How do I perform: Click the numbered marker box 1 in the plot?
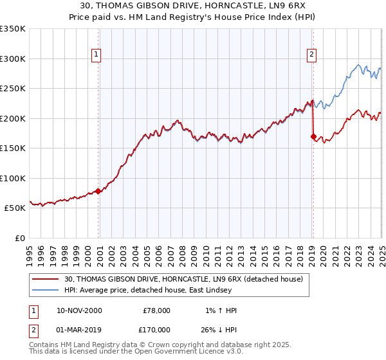(95, 55)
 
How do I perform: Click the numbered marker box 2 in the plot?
(311, 55)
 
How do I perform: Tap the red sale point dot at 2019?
(313, 136)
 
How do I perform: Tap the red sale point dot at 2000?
(98, 191)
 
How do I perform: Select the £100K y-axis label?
(12, 178)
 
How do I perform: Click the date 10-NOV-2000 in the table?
(79, 310)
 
